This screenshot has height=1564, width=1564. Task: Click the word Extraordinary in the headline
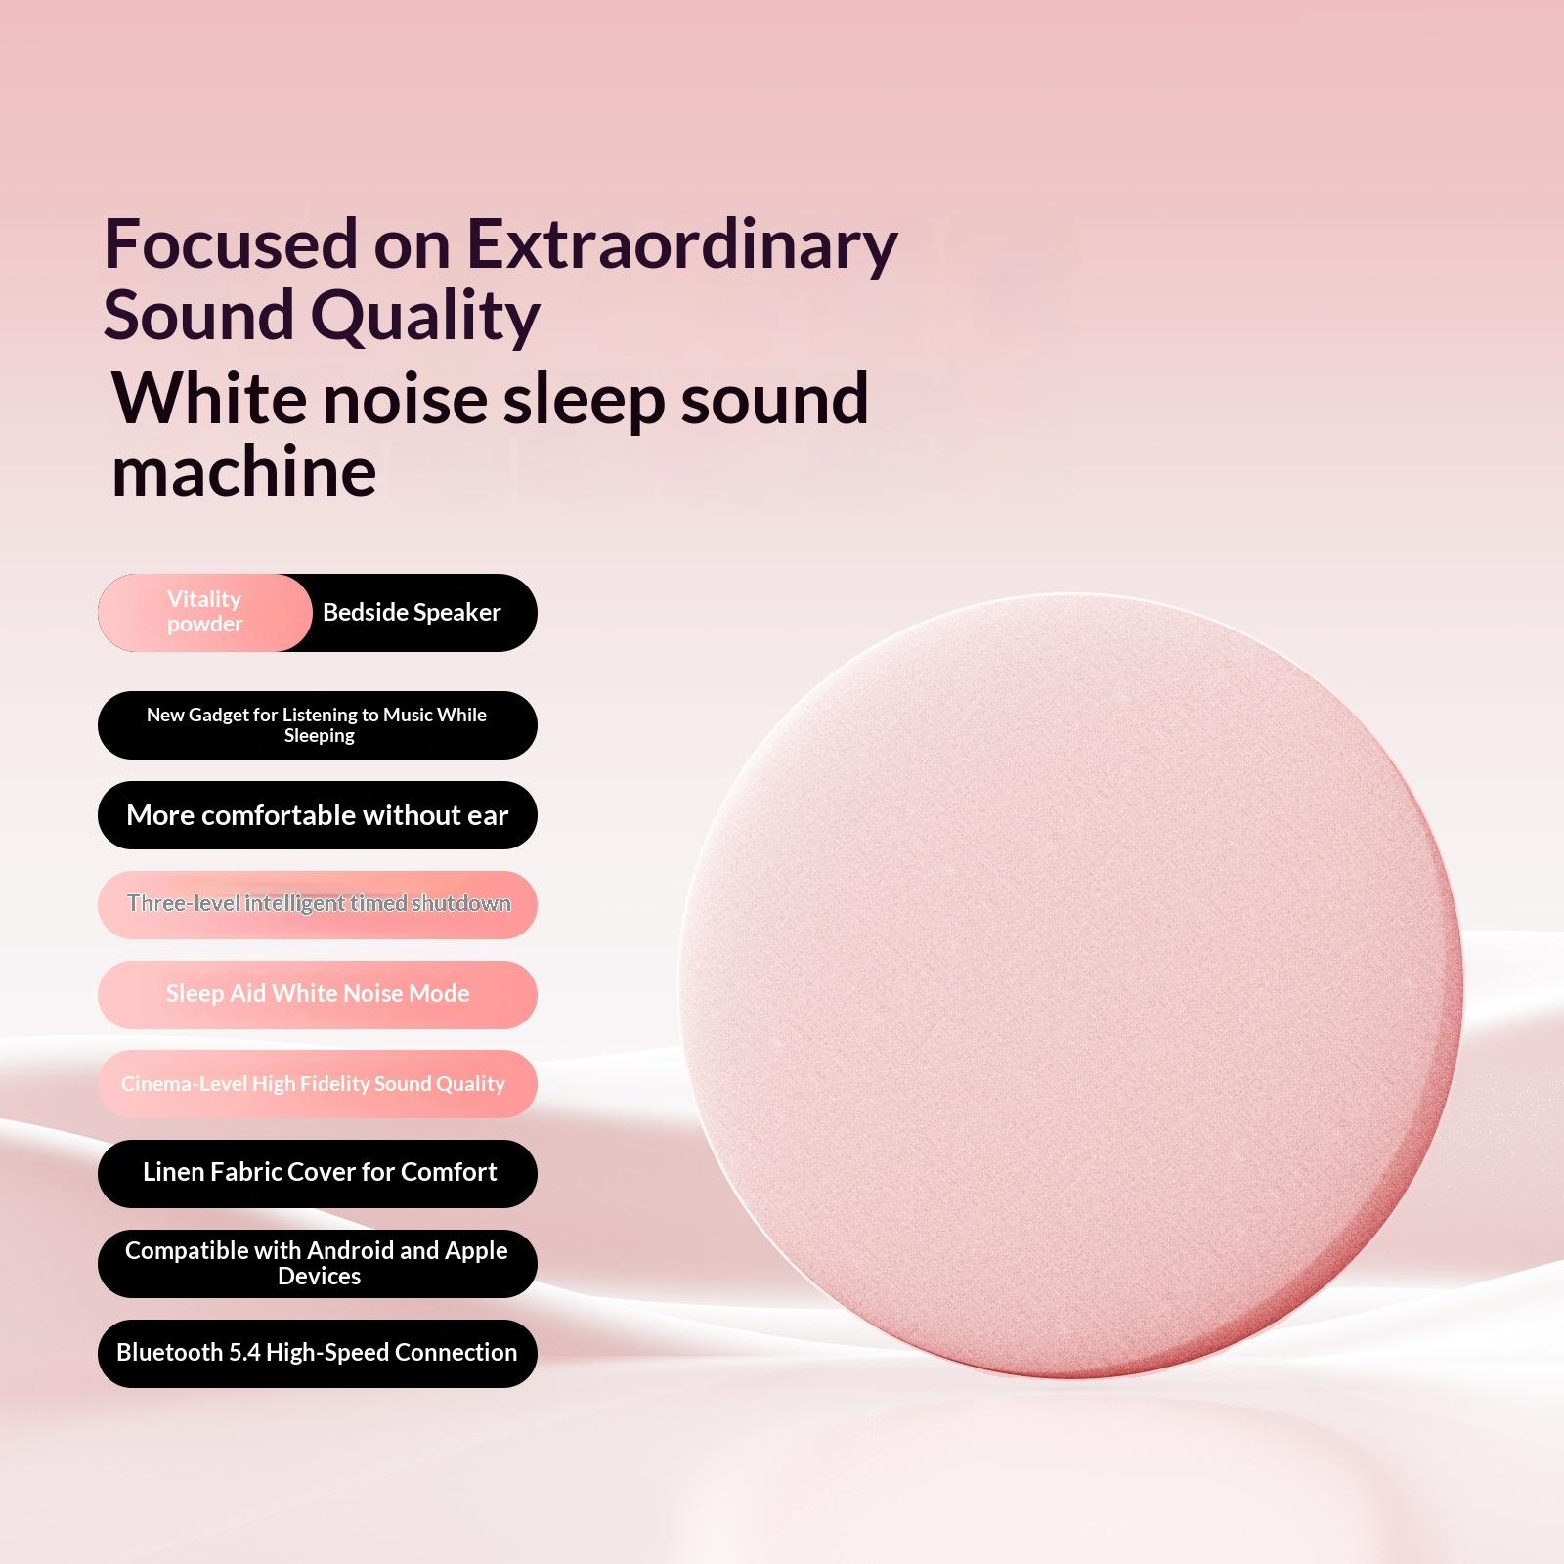click(x=680, y=243)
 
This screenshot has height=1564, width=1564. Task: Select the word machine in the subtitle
click(x=244, y=471)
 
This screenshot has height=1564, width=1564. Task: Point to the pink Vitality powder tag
click(x=204, y=612)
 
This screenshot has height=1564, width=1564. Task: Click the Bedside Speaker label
click(x=412, y=612)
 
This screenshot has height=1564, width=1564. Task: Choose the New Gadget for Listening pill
click(x=318, y=725)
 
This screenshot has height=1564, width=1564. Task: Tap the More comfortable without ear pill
click(x=318, y=815)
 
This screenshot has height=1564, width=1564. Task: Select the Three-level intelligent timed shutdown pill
click(x=318, y=904)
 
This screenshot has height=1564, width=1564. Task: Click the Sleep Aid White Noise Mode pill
click(x=318, y=994)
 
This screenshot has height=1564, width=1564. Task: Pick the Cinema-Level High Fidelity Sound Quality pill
click(x=318, y=1084)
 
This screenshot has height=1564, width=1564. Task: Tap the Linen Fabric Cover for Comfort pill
click(x=318, y=1173)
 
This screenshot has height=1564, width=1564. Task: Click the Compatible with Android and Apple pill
click(x=318, y=1263)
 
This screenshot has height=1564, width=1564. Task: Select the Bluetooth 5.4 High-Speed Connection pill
click(x=318, y=1353)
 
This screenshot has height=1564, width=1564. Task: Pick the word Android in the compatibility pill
click(x=351, y=1250)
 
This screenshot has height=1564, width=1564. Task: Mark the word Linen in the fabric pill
click(x=174, y=1171)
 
